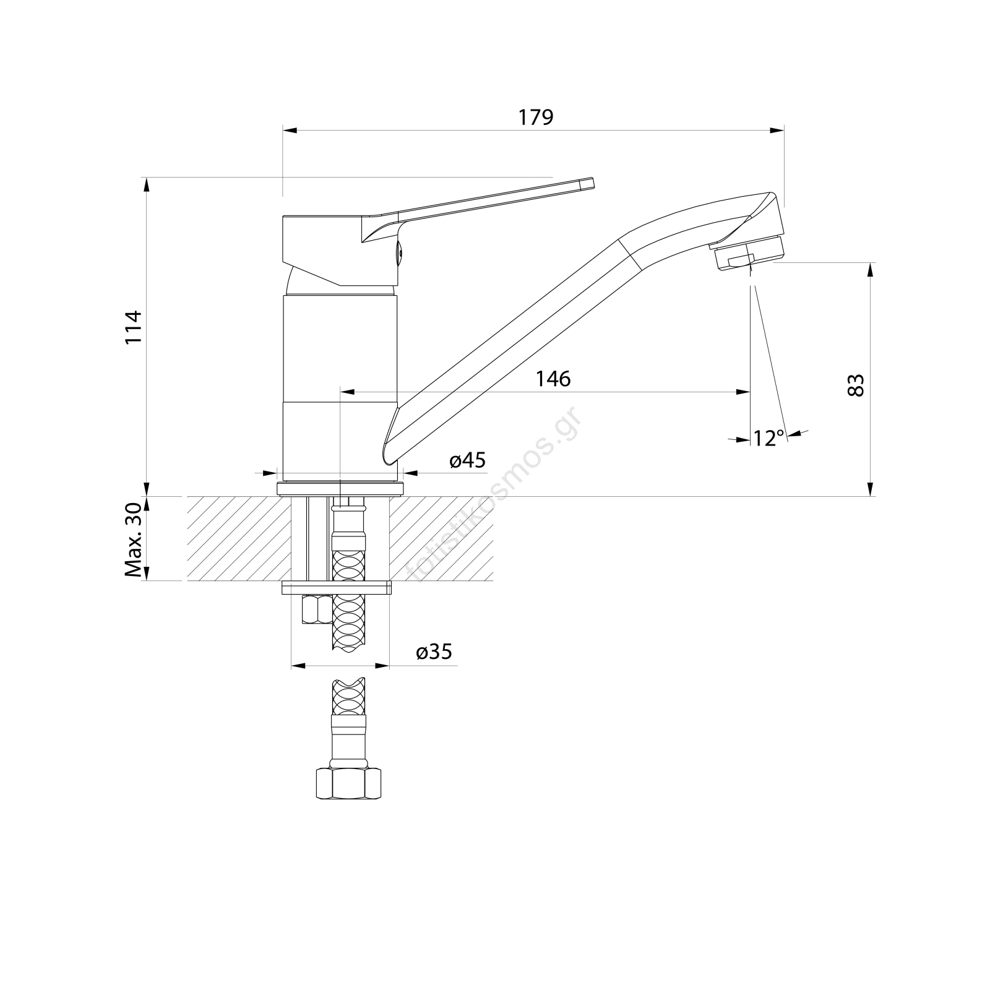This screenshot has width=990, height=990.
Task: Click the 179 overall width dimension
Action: click(x=536, y=117)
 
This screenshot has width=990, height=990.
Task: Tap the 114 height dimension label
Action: click(x=134, y=327)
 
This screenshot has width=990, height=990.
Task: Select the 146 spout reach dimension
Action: click(x=553, y=379)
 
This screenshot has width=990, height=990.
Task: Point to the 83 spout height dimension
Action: click(x=856, y=385)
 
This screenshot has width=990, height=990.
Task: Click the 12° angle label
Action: click(x=769, y=438)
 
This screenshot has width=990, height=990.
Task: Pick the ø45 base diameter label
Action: click(x=468, y=460)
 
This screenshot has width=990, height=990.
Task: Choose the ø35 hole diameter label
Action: click(x=434, y=652)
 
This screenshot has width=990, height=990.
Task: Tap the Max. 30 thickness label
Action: click(x=134, y=538)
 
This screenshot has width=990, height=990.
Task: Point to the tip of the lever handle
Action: click(x=592, y=183)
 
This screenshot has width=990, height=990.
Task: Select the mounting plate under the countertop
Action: click(x=337, y=587)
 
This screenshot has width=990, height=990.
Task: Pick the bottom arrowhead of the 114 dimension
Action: click(x=147, y=488)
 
